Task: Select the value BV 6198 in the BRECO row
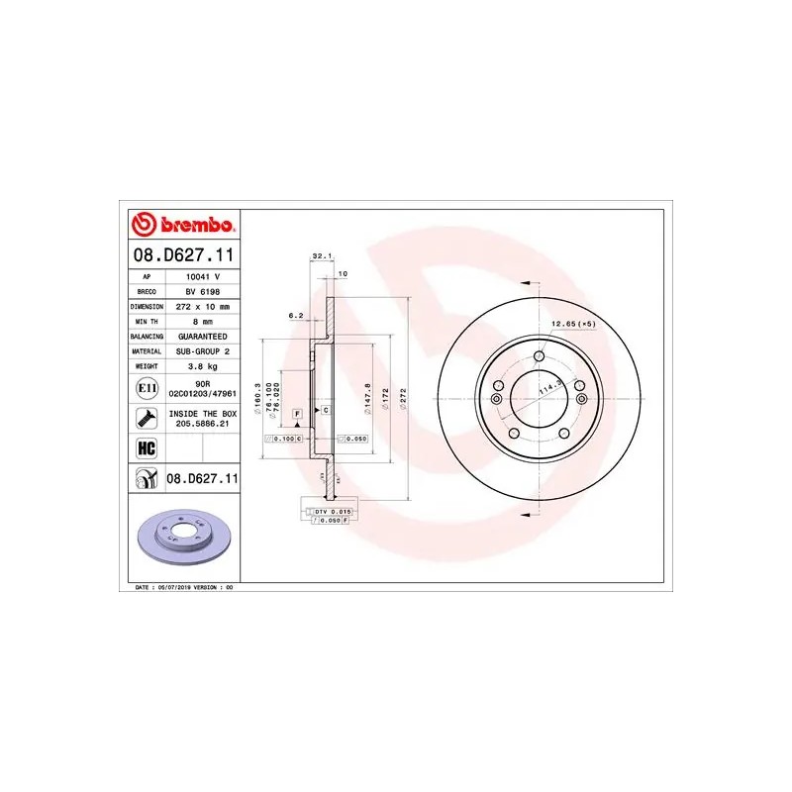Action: (x=201, y=292)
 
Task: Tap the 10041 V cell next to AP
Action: (x=201, y=277)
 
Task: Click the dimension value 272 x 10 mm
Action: (x=201, y=307)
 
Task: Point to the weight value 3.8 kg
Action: (x=201, y=365)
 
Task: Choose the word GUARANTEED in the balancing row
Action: (x=201, y=337)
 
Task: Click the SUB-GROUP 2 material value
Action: (x=201, y=350)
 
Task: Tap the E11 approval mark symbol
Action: (x=146, y=387)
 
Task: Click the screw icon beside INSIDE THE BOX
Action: (x=146, y=417)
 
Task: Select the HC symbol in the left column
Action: (x=146, y=447)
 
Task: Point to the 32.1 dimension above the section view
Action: (x=320, y=255)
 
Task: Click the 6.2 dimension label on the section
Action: (x=294, y=315)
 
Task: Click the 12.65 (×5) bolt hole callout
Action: (x=574, y=325)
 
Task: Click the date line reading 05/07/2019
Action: (x=184, y=587)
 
